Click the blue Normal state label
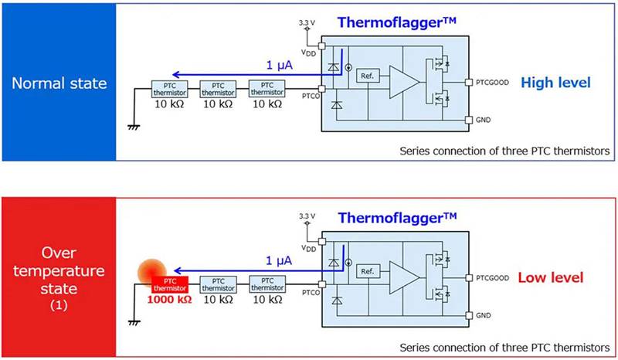pos(58,82)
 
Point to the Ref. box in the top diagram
pos(365,76)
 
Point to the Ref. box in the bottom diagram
pos(366,271)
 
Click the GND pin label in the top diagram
pos(483,121)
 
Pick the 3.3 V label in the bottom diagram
pos(307,216)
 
